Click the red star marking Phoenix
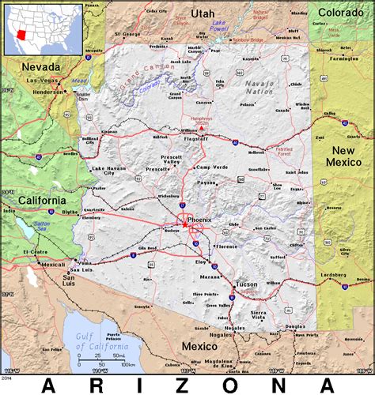(x=184, y=224)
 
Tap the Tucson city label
(x=248, y=284)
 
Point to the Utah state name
(x=203, y=13)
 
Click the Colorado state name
(x=341, y=12)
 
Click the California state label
(x=43, y=201)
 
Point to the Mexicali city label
(x=53, y=264)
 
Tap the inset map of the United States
(x=43, y=30)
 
